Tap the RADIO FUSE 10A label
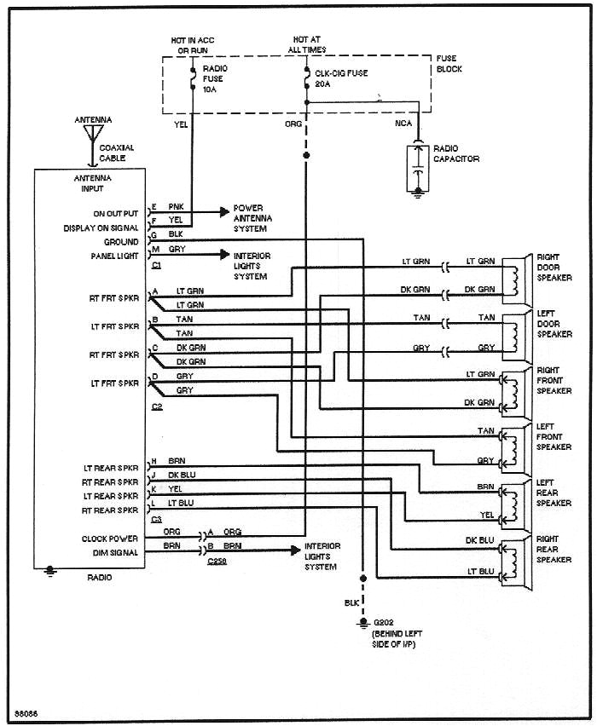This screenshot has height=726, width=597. pos(216,78)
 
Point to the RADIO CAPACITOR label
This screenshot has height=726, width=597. pos(456,153)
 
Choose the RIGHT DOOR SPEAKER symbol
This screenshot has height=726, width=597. pos(515,275)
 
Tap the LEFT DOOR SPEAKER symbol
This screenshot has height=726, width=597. pos(515,332)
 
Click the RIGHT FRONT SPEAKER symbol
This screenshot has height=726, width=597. pos(514,389)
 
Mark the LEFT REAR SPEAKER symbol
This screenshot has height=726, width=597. pos(514,501)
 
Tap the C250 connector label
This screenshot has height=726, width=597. pos(217,562)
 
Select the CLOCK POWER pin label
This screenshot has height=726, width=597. pos(110,539)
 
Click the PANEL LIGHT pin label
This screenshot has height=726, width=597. pos(115,256)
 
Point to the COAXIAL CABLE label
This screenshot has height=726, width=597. pos(116,153)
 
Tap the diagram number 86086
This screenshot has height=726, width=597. pos(26,712)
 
